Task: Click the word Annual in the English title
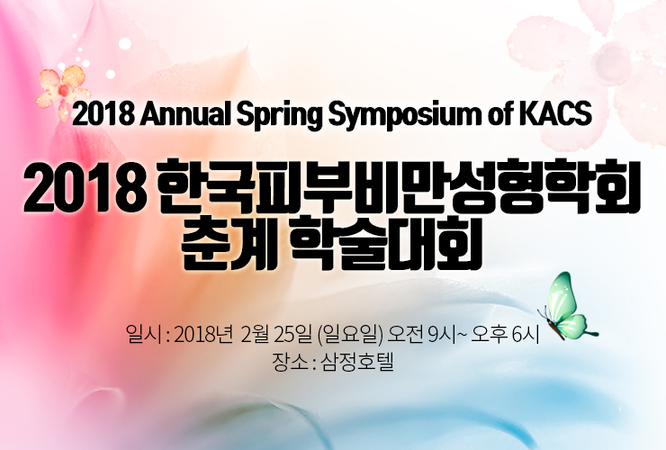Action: click(x=185, y=114)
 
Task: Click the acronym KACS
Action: click(x=555, y=114)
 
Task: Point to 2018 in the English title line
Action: click(x=103, y=114)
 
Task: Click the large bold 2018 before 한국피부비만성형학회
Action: click(x=83, y=187)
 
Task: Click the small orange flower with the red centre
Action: click(x=64, y=90)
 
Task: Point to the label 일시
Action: click(x=144, y=335)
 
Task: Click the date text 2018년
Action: click(x=203, y=335)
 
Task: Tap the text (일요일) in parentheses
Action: click(x=350, y=335)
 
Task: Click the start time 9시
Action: click(x=442, y=335)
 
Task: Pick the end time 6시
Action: click(x=525, y=335)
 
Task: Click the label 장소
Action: click(x=288, y=362)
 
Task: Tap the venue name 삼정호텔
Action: click(x=357, y=362)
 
